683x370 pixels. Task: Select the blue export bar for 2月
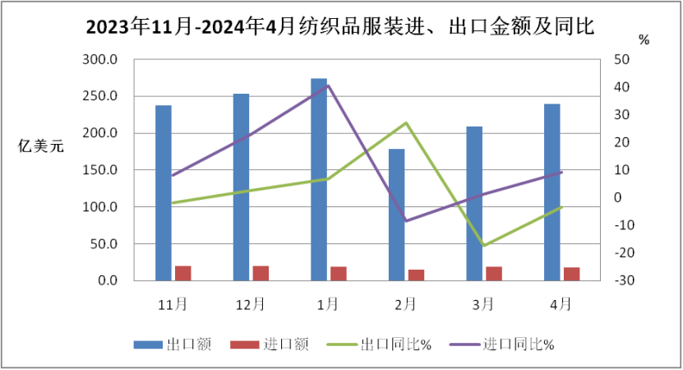tap(396, 215)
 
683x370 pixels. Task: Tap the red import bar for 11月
tap(182, 273)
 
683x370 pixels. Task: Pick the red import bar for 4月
tap(571, 274)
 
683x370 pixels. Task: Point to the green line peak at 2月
tap(406, 123)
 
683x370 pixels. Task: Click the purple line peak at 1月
tap(328, 85)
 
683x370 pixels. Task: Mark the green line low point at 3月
tap(484, 245)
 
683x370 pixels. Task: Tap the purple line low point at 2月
tap(406, 220)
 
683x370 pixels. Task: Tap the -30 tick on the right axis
tap(621, 280)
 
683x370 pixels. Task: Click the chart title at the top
tap(341, 26)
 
